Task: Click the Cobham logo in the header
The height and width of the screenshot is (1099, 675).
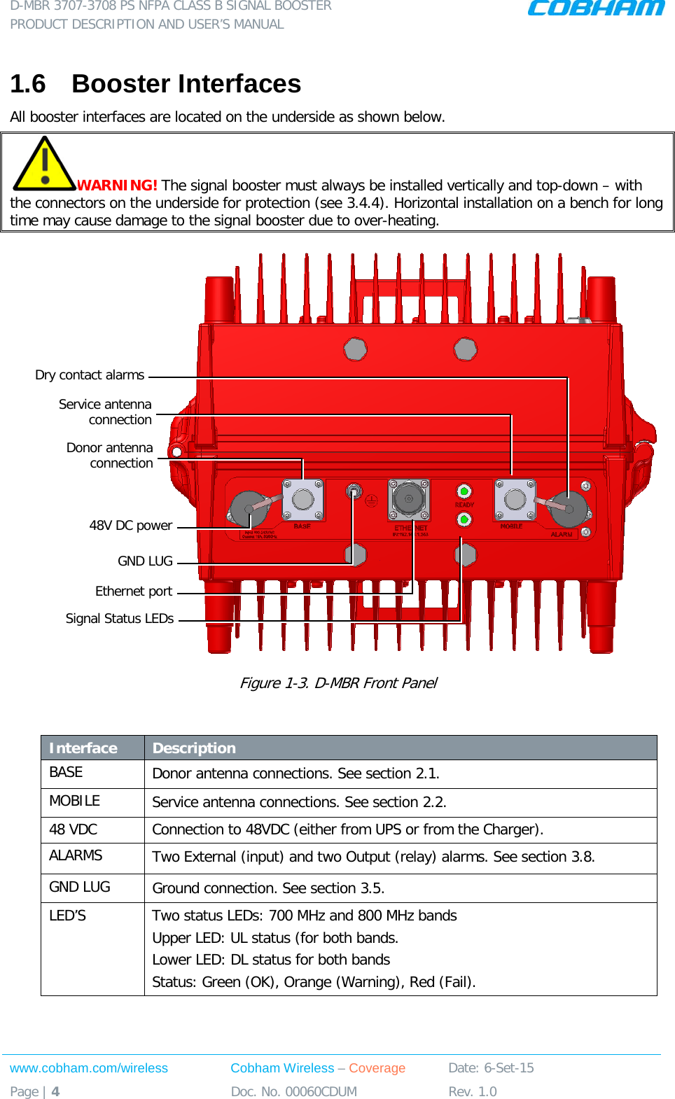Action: click(x=595, y=8)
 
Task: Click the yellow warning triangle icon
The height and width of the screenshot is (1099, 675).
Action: click(x=44, y=164)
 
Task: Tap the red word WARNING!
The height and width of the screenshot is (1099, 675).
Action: click(x=117, y=185)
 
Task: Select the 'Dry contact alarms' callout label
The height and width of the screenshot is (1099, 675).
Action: click(x=90, y=375)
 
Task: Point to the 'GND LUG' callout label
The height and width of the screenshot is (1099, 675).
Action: click(x=145, y=561)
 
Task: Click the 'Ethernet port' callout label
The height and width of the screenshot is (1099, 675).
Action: click(x=133, y=591)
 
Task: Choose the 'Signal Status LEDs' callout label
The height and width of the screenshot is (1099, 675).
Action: click(x=119, y=619)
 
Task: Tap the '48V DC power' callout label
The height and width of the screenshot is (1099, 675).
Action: click(x=130, y=526)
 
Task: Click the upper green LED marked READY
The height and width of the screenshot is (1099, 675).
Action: click(x=464, y=491)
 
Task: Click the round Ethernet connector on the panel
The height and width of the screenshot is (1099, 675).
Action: click(x=408, y=498)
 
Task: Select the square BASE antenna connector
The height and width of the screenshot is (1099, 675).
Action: click(x=303, y=499)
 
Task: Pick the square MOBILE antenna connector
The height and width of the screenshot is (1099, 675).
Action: click(x=515, y=499)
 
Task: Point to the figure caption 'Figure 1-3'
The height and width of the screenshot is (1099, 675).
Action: click(x=338, y=683)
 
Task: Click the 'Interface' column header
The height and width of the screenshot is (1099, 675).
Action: click(x=83, y=748)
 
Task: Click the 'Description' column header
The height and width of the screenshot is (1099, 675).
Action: click(x=194, y=748)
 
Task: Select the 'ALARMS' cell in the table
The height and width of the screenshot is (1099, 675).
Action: click(x=76, y=855)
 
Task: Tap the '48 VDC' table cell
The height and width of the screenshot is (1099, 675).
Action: click(x=73, y=829)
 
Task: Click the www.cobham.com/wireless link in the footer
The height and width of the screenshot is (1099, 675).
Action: click(x=89, y=1068)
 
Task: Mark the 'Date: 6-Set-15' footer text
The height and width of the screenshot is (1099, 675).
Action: click(x=491, y=1068)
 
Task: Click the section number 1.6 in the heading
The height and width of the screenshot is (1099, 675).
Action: click(x=28, y=84)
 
